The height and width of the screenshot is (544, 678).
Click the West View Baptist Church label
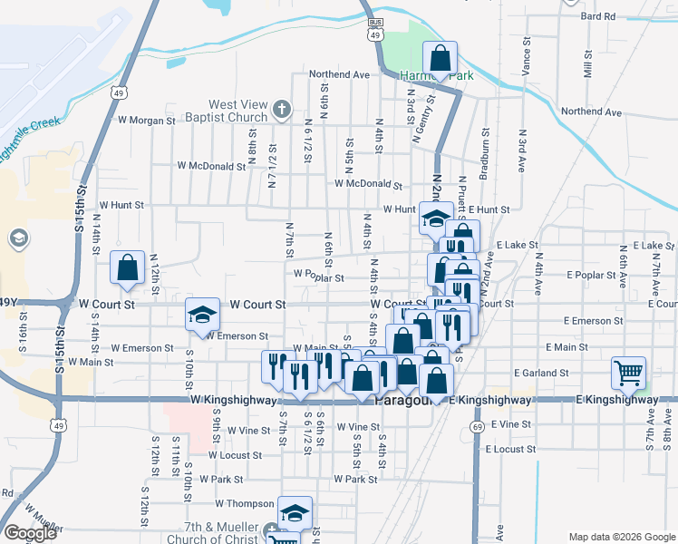238,111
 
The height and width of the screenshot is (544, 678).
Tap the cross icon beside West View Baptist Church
281,111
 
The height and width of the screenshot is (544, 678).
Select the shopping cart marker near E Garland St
629,372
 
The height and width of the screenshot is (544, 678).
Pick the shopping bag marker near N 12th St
127,267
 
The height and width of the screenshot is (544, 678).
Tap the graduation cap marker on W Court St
202,315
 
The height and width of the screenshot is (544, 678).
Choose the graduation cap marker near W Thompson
295,513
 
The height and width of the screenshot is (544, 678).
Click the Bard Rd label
598,16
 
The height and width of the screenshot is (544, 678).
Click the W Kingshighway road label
227,399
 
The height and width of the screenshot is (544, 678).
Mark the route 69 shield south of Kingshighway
478,425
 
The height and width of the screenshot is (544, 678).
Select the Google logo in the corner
31,533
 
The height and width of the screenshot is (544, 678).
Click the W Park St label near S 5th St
354,479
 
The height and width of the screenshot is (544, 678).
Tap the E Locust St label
511,449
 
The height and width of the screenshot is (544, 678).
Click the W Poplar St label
318,278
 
